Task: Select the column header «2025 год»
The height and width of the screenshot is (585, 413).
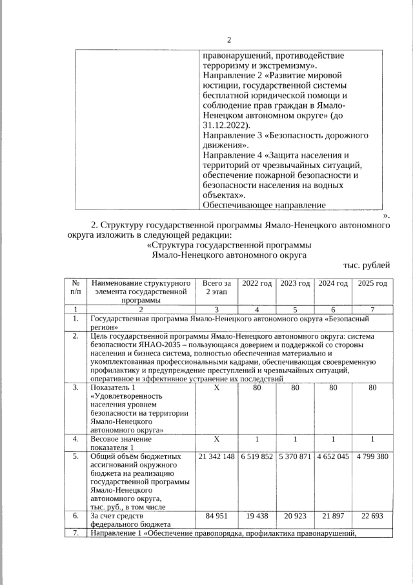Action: tap(372, 284)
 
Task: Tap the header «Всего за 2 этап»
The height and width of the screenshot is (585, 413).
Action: tap(217, 288)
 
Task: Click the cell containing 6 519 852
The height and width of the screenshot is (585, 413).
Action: tap(257, 456)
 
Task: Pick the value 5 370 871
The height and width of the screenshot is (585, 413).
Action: tap(295, 456)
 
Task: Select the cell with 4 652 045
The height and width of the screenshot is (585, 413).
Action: tap(333, 456)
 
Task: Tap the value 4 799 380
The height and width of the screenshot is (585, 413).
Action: tap(372, 456)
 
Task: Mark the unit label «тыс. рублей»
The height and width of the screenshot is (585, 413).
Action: tap(366, 266)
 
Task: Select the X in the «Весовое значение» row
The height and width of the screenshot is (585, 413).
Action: tap(217, 439)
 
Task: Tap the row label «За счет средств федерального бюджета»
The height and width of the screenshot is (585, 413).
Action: tap(130, 520)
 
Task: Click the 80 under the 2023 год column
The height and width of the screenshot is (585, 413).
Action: tap(295, 388)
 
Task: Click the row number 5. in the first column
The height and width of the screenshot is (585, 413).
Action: tap(76, 456)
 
